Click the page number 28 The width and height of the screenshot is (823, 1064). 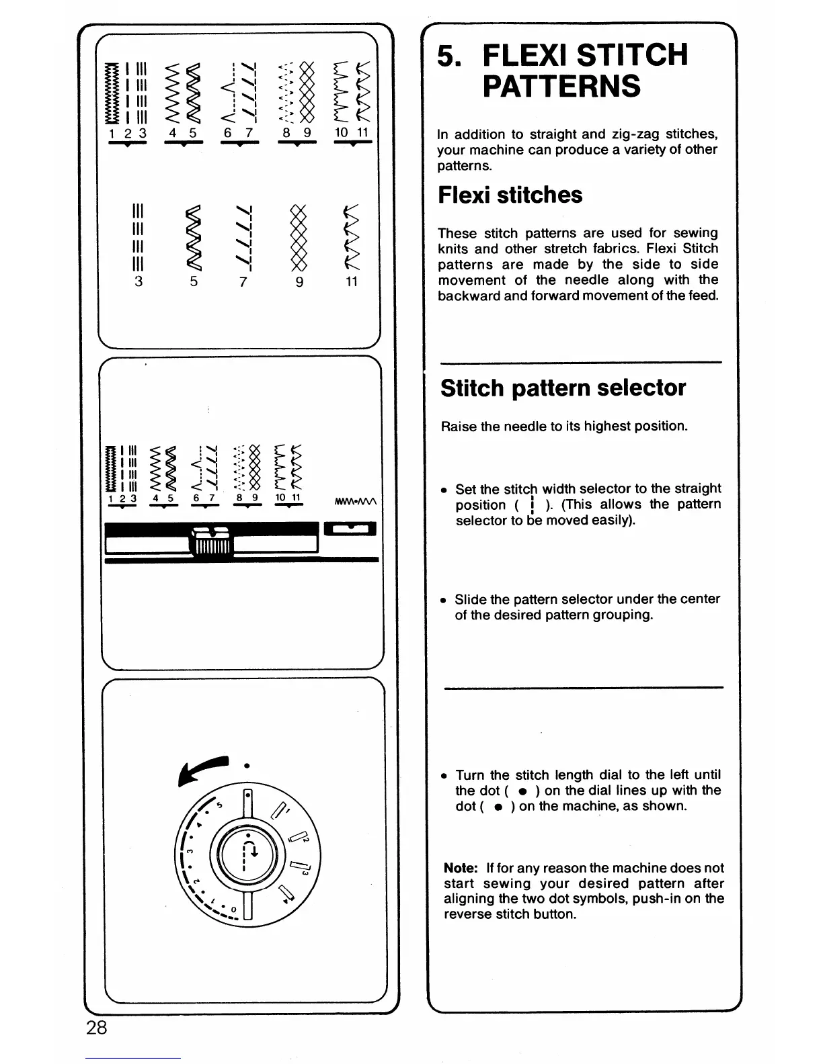(97, 1027)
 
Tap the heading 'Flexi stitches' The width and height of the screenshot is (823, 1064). (510, 195)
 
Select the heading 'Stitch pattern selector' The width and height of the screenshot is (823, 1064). (563, 388)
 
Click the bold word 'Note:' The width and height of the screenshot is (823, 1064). (460, 868)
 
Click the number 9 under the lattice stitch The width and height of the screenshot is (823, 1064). (300, 282)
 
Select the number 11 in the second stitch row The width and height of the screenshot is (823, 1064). (351, 282)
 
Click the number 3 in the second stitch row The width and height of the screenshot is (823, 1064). (139, 282)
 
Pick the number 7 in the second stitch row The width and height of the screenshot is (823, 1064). (243, 282)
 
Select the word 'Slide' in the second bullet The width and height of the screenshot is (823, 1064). (469, 598)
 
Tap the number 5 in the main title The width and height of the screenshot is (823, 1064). (447, 55)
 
